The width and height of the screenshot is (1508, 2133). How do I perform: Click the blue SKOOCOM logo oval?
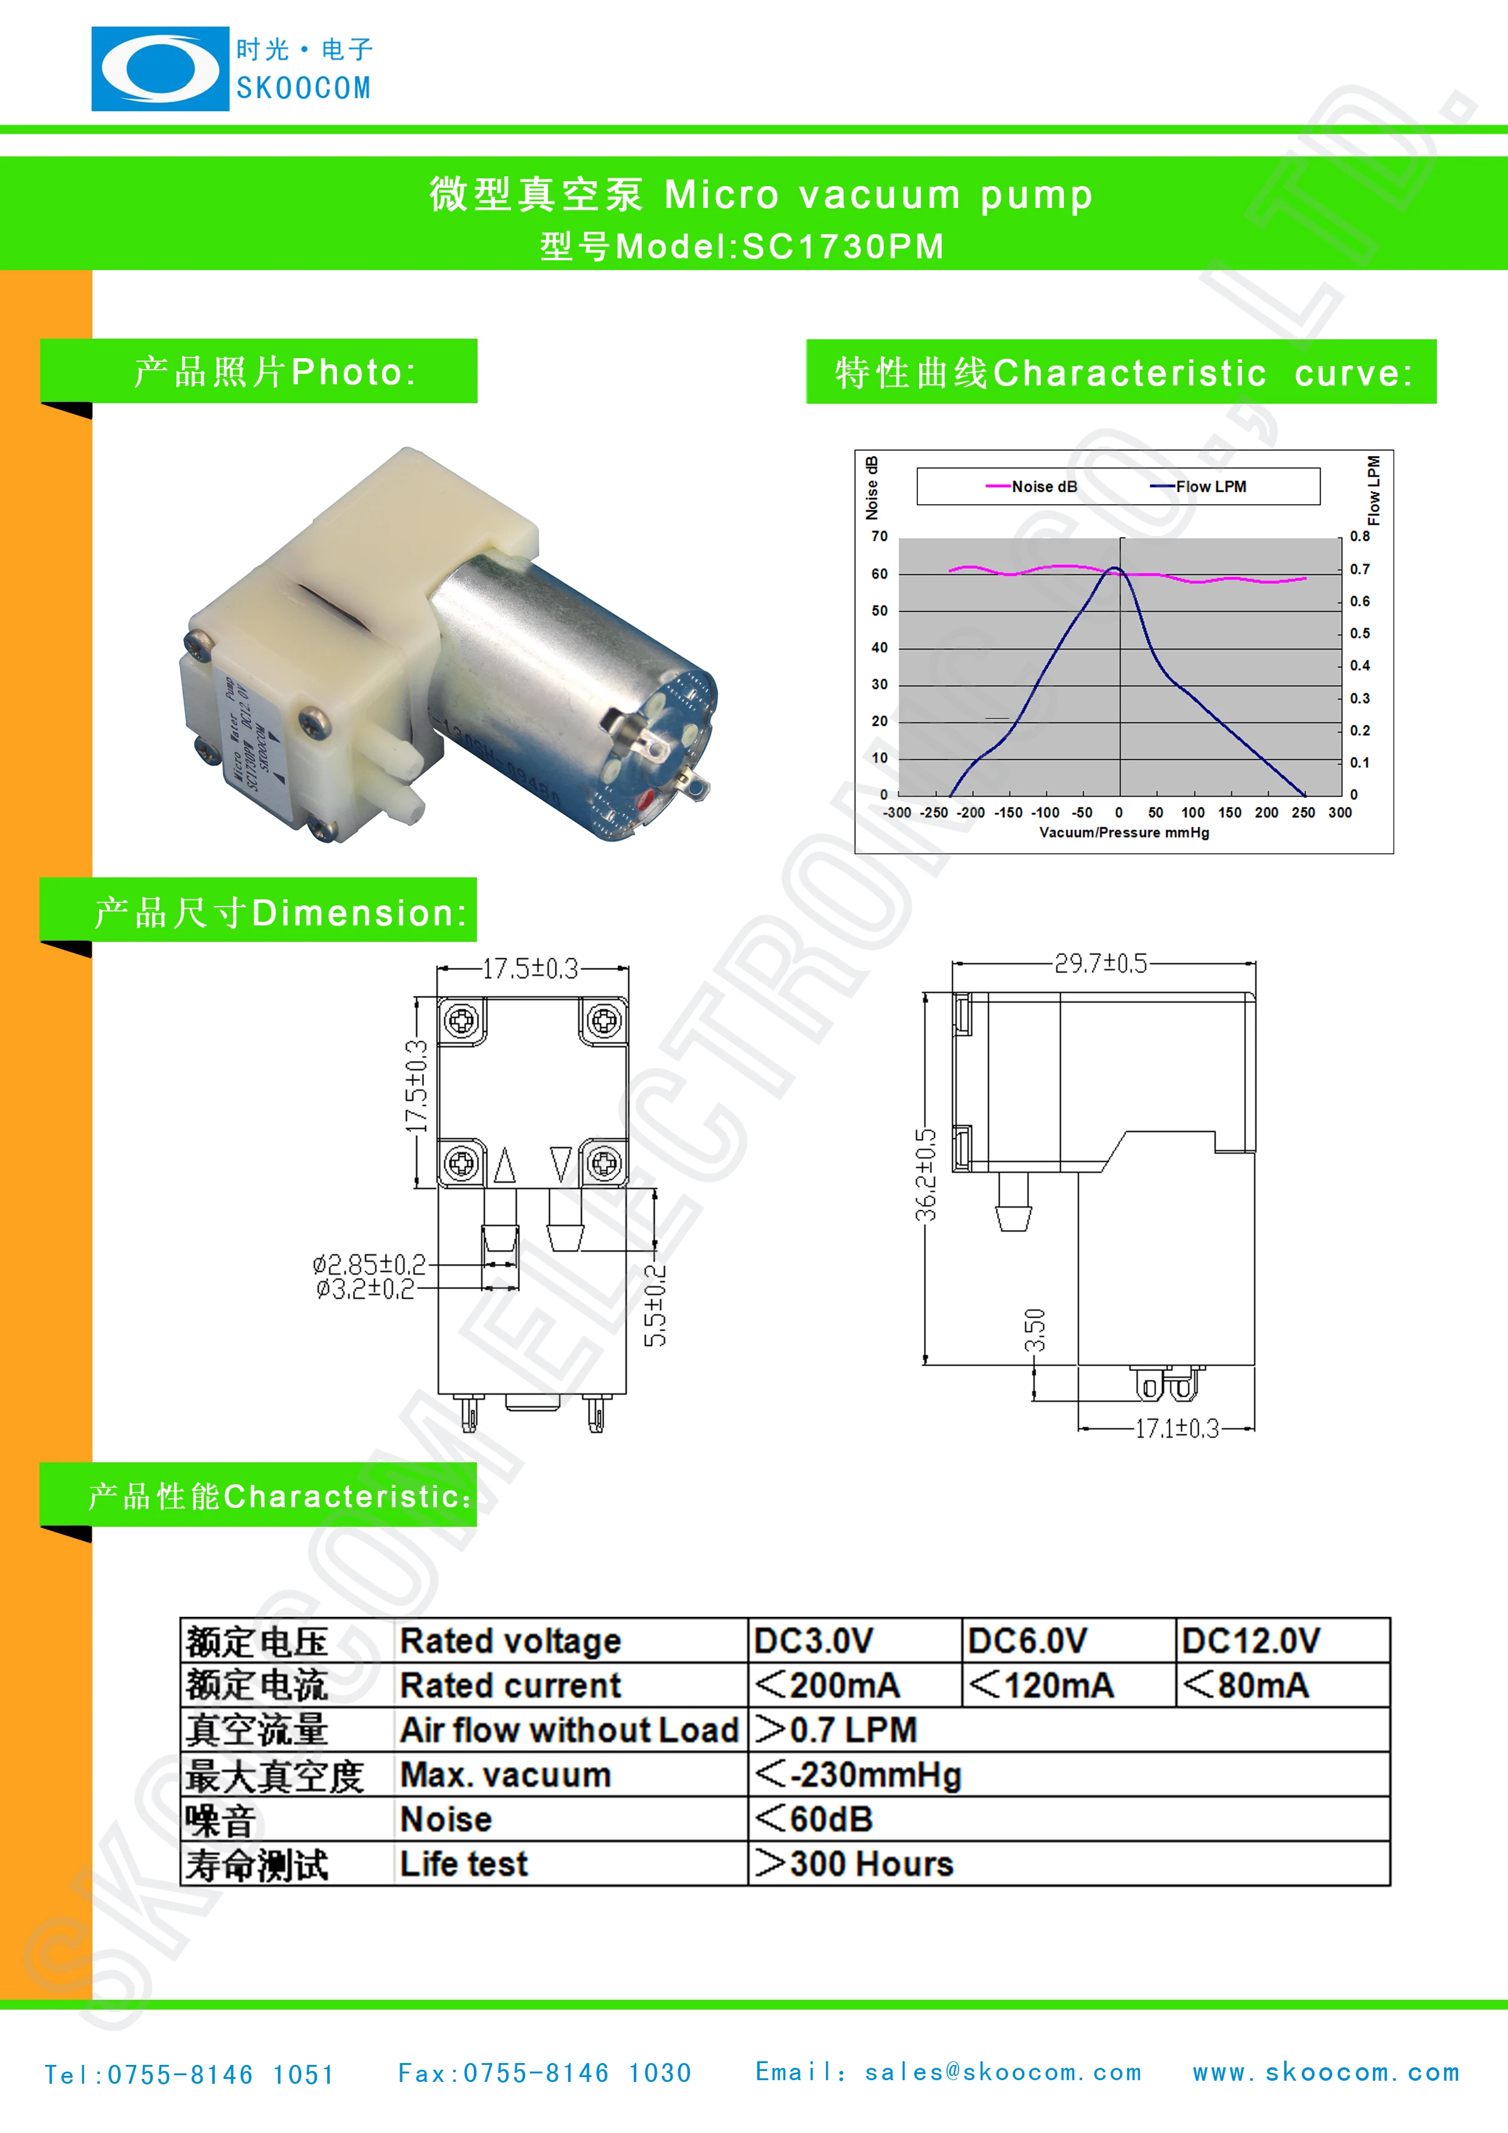click(x=160, y=69)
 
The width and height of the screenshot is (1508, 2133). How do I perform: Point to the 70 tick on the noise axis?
click(x=879, y=537)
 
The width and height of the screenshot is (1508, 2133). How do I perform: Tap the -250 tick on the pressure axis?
click(x=934, y=813)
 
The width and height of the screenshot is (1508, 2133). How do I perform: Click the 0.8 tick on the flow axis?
click(x=1360, y=537)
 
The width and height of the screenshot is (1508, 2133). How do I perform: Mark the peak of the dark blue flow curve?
click(x=1115, y=568)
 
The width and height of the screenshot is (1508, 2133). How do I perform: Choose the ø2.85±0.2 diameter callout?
click(x=369, y=1264)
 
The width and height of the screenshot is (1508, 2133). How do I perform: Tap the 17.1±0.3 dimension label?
click(x=1176, y=1429)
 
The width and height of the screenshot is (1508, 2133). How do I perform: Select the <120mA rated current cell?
click(x=1041, y=1685)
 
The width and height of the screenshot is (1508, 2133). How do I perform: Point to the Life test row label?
click(x=464, y=1864)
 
